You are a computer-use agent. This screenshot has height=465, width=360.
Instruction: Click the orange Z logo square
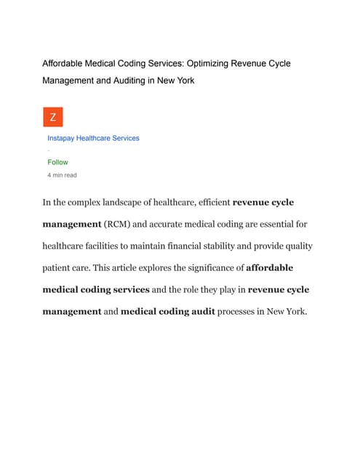[52, 117]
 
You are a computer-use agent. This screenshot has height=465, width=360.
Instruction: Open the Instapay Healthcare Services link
[93, 138]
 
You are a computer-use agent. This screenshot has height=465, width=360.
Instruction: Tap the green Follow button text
[57, 163]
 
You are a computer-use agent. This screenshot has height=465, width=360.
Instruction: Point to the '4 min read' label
[62, 175]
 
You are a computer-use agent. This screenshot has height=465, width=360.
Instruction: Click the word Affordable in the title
[65, 64]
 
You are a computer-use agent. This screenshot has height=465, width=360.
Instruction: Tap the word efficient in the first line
[208, 202]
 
